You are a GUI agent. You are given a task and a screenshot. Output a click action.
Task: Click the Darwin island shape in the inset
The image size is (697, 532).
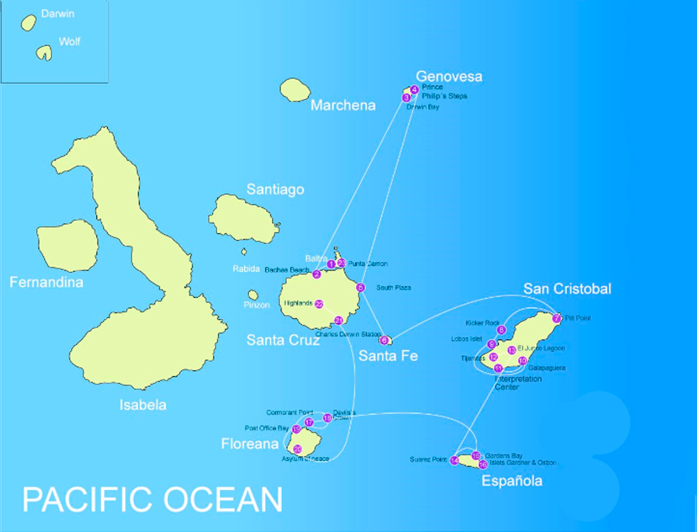pyautogui.click(x=29, y=23)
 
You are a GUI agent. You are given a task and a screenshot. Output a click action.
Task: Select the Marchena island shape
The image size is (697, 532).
pyautogui.click(x=295, y=90)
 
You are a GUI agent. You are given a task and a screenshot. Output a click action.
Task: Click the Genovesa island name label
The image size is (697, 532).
pyautogui.click(x=449, y=77)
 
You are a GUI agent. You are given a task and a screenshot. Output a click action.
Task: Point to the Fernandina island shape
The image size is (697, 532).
pyautogui.click(x=67, y=246)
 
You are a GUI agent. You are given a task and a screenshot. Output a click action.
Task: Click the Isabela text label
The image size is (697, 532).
pyautogui.click(x=143, y=405)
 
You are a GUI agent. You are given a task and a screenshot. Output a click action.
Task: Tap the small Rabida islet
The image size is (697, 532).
pyautogui.click(x=244, y=252)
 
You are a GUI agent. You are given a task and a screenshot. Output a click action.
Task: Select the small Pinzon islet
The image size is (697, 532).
pyautogui.click(x=253, y=295)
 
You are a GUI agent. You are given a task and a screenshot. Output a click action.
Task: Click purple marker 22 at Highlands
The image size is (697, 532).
pyautogui.click(x=319, y=304)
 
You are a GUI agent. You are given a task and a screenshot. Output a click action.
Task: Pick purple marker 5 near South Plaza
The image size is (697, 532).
pyautogui.click(x=361, y=287)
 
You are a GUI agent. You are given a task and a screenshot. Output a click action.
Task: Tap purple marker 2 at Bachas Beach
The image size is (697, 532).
pyautogui.click(x=317, y=274)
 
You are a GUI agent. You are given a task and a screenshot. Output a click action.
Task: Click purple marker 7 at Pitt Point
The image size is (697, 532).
pyautogui.click(x=556, y=318)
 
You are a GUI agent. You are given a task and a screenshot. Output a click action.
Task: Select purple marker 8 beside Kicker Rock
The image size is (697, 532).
pyautogui.click(x=501, y=330)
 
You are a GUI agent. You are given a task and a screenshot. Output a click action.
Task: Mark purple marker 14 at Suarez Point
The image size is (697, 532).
pyautogui.click(x=454, y=461)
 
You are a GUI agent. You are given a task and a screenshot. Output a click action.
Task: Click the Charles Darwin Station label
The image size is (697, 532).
pyautogui.click(x=348, y=334)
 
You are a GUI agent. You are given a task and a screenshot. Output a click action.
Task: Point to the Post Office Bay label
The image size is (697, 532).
pyautogui.click(x=266, y=428)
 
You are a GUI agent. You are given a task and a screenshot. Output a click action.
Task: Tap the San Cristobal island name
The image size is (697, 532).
pyautogui.click(x=567, y=289)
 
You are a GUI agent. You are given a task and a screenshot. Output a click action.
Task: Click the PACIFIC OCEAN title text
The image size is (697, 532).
pyautogui.click(x=152, y=500)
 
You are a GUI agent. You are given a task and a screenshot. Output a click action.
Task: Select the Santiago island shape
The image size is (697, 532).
pyautogui.click(x=243, y=217)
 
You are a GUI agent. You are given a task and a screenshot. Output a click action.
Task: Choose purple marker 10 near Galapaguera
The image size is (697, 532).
pyautogui.click(x=522, y=360)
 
